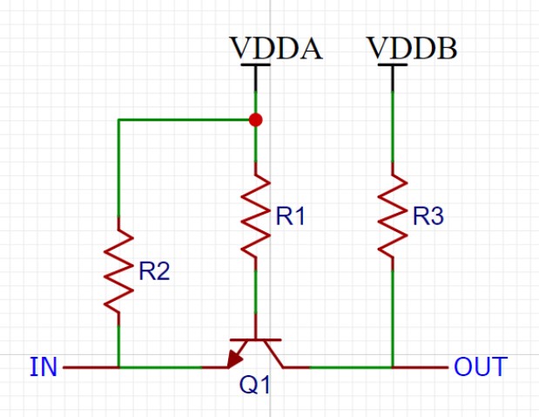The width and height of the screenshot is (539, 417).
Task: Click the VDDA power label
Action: (276, 48)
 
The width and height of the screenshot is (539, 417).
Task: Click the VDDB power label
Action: (412, 48)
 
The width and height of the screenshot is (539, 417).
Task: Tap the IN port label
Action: (44, 367)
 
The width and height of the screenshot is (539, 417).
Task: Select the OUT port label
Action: (479, 367)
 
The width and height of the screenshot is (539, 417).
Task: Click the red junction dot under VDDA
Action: (255, 120)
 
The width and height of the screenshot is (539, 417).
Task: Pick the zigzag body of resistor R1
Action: (255, 215)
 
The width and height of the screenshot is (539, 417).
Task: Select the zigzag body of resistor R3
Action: (393, 215)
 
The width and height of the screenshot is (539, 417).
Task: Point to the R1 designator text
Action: (290, 218)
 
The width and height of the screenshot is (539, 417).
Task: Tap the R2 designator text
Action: (154, 272)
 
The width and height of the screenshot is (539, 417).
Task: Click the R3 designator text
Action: (428, 218)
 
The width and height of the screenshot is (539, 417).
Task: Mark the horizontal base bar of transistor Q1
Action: (255, 339)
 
